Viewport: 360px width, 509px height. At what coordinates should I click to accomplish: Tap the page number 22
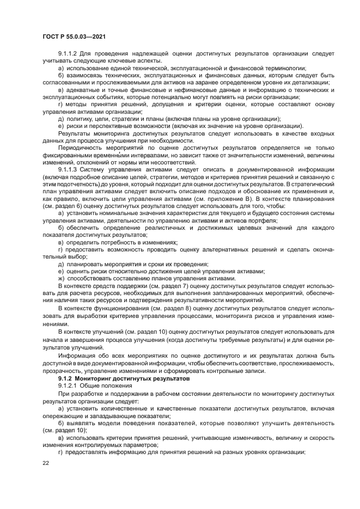(46, 462)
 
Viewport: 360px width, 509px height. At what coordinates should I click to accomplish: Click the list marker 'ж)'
(62, 278)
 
